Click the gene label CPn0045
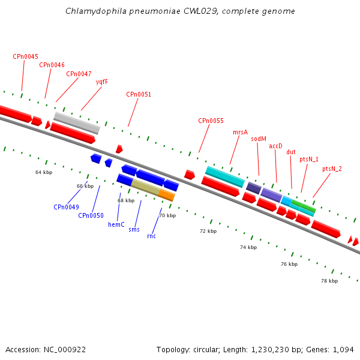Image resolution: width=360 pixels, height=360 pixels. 25,56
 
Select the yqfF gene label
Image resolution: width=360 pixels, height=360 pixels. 102,82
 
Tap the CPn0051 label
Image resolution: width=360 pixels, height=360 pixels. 139,94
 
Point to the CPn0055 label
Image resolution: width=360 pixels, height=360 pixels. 211,121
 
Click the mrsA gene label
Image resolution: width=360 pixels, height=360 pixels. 241,132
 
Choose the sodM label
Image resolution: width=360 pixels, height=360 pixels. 259,139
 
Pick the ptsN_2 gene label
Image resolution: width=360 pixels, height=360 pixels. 332,169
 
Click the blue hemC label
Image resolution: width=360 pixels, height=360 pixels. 116,224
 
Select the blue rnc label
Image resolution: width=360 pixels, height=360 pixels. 151,236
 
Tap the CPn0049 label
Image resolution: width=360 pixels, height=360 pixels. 66,207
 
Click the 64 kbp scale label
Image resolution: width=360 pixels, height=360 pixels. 44,172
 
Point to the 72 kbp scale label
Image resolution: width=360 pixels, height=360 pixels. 208,231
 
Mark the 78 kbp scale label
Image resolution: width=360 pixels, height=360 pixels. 329,281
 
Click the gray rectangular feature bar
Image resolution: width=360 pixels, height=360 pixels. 77,123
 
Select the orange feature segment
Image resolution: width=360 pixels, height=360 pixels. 167,195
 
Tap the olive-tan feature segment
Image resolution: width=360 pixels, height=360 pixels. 145,187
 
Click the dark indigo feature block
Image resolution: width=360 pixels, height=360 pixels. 254,188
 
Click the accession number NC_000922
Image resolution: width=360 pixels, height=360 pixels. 65,350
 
